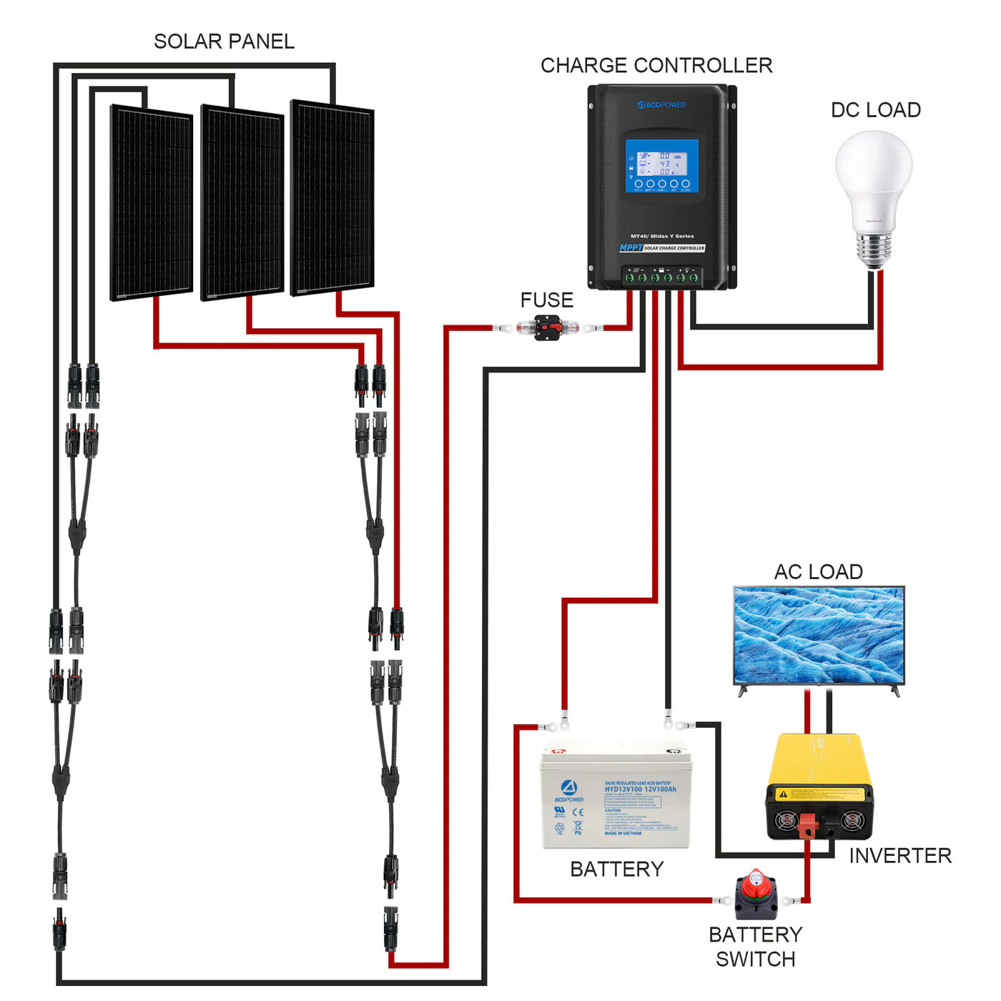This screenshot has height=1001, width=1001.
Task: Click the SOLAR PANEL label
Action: pos(224,41)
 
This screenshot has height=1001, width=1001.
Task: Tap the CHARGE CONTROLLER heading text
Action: pos(656,66)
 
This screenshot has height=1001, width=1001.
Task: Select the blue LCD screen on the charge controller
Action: pos(661,166)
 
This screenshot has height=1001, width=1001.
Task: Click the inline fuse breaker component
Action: pos(548,328)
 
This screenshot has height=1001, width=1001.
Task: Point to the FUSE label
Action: pos(546,300)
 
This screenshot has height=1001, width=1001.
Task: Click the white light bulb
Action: pos(874,193)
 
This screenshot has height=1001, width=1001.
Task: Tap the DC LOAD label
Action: pos(875,110)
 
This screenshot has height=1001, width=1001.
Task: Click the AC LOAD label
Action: pos(818,572)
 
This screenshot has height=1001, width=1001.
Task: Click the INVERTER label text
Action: pos(899,856)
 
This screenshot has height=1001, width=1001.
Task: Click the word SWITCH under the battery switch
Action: pos(755,960)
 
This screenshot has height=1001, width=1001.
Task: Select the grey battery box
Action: pos(616,797)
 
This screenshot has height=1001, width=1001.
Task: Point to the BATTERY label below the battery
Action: pos(616,869)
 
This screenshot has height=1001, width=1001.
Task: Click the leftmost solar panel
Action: pos(151,203)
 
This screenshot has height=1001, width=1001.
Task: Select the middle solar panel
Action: pos(242,202)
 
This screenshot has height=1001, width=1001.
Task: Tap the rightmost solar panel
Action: pos(332,198)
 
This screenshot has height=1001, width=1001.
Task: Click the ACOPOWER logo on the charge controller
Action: pos(661,105)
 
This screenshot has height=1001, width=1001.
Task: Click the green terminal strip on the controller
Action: pos(661,277)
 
